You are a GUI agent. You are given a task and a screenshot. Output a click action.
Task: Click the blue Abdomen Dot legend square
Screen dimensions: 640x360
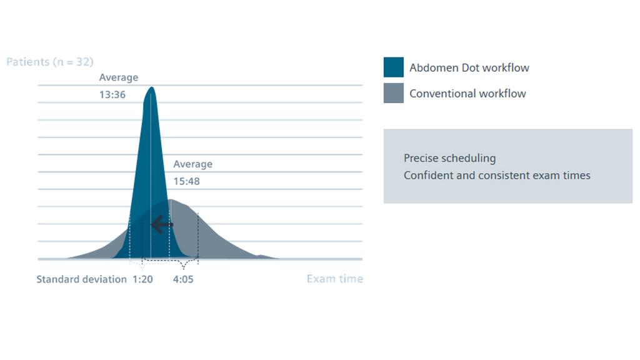tap(394, 67)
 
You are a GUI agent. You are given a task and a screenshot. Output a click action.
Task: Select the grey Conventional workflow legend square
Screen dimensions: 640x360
tap(394, 93)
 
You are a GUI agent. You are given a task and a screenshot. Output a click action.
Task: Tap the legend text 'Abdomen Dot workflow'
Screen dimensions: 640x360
tap(469, 67)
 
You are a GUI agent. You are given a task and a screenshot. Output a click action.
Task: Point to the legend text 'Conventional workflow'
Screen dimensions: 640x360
tap(467, 94)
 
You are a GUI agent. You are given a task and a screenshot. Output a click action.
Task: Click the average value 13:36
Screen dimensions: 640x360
tap(112, 95)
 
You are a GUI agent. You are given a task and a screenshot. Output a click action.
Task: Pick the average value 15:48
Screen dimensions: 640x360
tap(186, 181)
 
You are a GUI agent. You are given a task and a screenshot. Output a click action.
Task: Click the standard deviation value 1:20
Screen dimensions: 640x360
tap(142, 279)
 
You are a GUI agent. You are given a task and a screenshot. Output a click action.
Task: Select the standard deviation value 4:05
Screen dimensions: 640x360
tap(183, 279)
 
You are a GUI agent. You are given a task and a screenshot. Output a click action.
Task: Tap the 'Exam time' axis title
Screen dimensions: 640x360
tap(335, 279)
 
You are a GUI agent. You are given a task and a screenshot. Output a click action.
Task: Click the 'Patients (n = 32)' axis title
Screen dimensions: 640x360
tap(50, 62)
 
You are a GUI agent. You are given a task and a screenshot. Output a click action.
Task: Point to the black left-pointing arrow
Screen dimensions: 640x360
tap(162, 224)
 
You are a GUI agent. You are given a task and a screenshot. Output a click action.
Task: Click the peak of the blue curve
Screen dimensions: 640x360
tap(151, 87)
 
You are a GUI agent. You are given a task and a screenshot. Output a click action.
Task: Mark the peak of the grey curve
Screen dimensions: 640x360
tap(171, 200)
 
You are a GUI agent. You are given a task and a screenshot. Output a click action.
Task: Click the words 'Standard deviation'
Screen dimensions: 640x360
tap(82, 279)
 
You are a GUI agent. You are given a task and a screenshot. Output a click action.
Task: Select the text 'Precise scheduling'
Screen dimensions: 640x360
tap(450, 158)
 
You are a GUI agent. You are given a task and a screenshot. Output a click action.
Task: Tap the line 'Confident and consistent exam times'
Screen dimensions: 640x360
tap(497, 176)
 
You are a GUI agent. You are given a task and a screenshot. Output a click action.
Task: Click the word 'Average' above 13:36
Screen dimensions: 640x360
tap(119, 77)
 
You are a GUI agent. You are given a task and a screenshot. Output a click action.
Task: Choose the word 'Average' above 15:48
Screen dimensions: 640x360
tap(192, 164)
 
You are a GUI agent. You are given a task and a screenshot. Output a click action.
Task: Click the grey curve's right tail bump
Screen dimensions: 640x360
tap(262, 256)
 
